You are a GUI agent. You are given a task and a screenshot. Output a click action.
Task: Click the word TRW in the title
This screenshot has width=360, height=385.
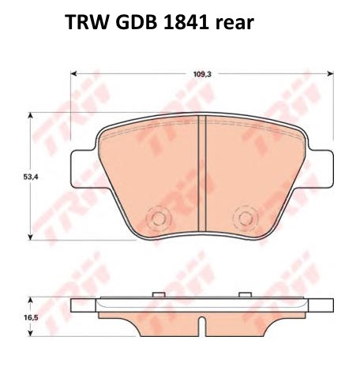[86, 22]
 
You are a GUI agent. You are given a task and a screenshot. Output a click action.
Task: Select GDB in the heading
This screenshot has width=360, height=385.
[136, 22]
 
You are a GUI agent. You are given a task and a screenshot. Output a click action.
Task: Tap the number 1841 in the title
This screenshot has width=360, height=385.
[186, 22]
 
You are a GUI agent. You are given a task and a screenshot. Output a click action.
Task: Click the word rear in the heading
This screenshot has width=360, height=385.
[234, 24]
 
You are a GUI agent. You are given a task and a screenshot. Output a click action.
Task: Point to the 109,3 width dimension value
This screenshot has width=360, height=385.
[202, 74]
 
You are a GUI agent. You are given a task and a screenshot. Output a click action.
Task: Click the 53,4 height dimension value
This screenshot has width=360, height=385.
[31, 177]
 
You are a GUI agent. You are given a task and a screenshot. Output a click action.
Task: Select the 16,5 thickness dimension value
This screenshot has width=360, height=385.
[31, 318]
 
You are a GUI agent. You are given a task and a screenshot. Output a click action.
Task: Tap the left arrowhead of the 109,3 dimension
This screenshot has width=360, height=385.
[73, 73]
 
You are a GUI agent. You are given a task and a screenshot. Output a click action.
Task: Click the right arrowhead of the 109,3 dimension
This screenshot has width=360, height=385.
[330, 73]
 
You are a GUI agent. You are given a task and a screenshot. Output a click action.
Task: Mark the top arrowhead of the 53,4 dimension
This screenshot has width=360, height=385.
[31, 115]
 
